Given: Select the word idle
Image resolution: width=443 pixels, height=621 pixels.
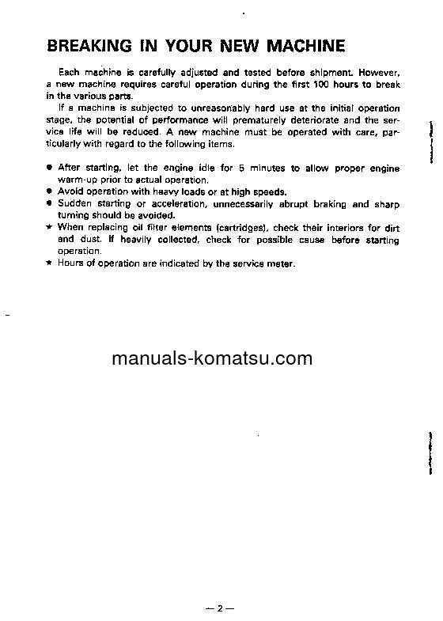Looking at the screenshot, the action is pyautogui.click(x=195, y=169).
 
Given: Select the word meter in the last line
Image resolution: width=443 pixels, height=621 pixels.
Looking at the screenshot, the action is pyautogui.click(x=281, y=263).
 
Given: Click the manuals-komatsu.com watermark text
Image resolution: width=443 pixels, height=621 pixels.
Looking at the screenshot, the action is pyautogui.click(x=212, y=359).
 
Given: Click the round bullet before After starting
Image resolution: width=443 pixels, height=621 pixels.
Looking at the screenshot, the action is pyautogui.click(x=49, y=169).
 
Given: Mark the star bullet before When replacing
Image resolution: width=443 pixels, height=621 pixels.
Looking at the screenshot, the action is pyautogui.click(x=49, y=228).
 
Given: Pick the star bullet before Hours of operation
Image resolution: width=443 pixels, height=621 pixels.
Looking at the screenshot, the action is pyautogui.click(x=49, y=263).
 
